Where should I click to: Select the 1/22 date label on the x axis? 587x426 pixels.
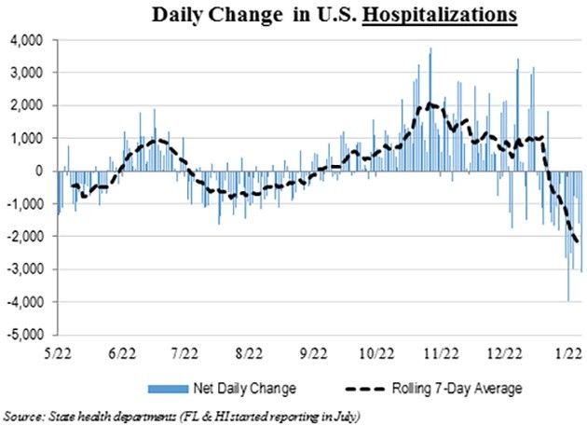pos(567,353)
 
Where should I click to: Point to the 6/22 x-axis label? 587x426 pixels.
pos(123,353)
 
